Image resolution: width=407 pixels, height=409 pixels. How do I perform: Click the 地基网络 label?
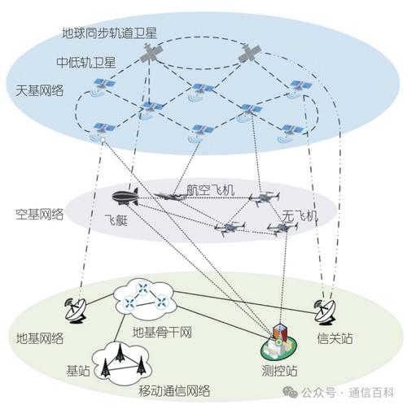pos(40,337)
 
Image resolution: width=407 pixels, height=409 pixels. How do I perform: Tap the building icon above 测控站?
pos(280,341)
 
